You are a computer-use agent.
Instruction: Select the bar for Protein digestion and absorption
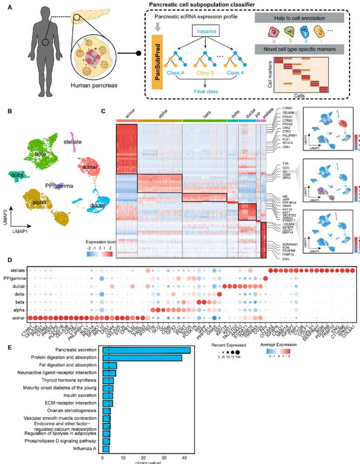142,358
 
